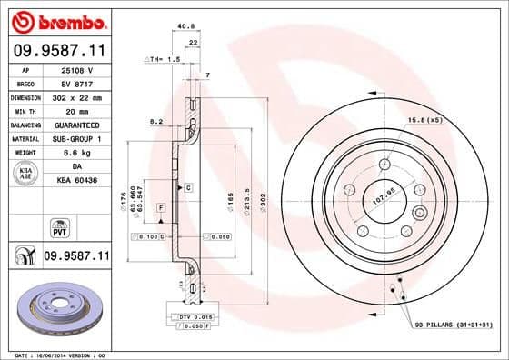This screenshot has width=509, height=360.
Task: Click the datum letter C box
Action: coord(188,187)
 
